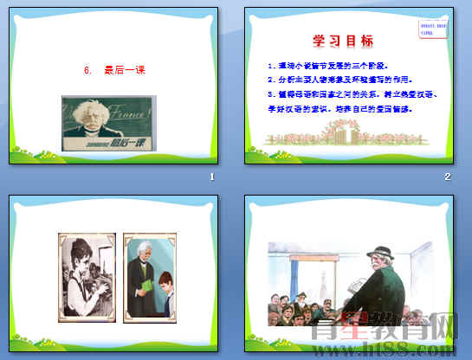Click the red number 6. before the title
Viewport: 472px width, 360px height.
pos(87,72)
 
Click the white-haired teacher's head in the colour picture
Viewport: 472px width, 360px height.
pos(144,253)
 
